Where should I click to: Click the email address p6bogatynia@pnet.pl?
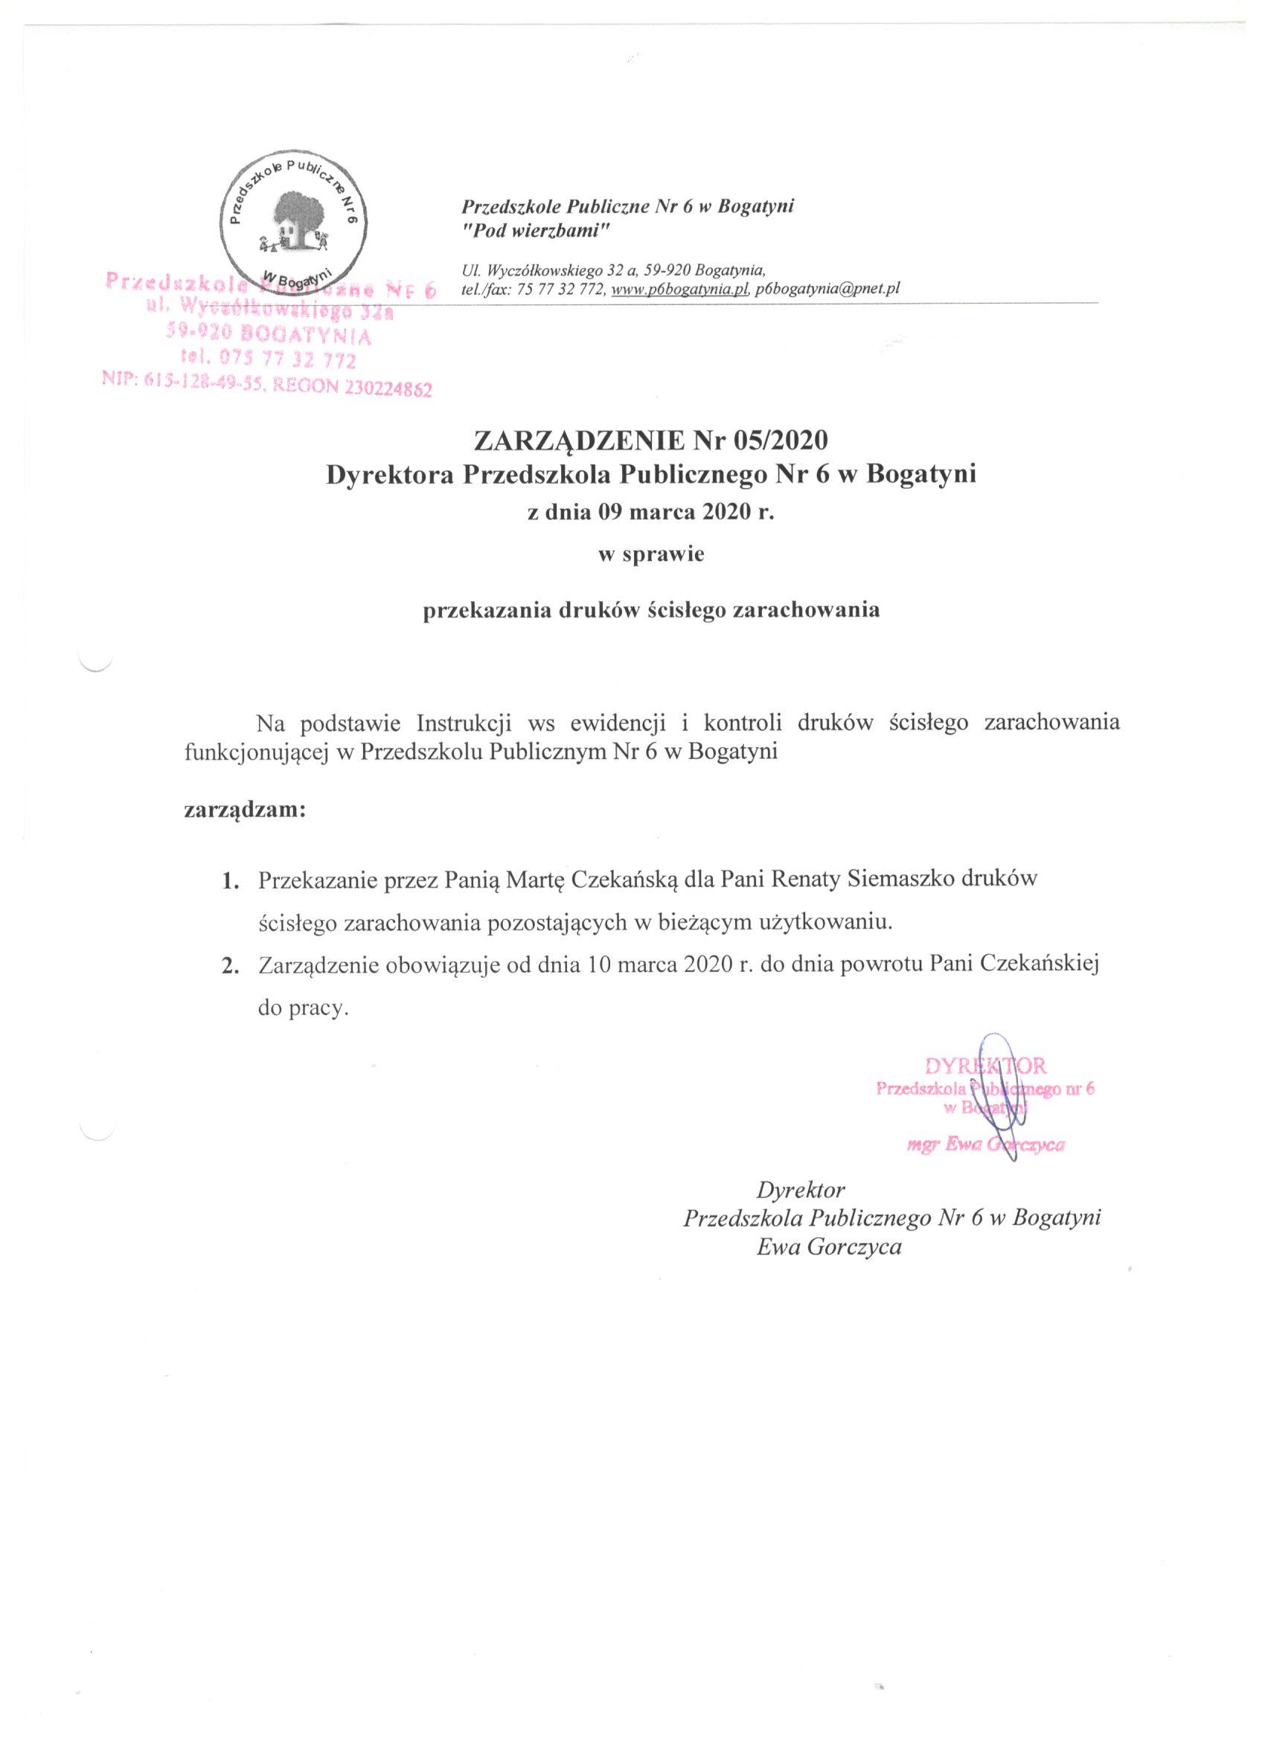[827, 290]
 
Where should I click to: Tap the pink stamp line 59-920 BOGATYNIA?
[269, 335]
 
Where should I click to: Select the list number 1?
[228, 881]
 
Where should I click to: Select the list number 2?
[228, 967]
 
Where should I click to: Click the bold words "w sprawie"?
[650, 555]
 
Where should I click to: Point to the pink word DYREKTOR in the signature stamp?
[985, 1066]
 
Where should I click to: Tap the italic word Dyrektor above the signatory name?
[800, 1190]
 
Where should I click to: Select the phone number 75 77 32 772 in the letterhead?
[563, 290]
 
